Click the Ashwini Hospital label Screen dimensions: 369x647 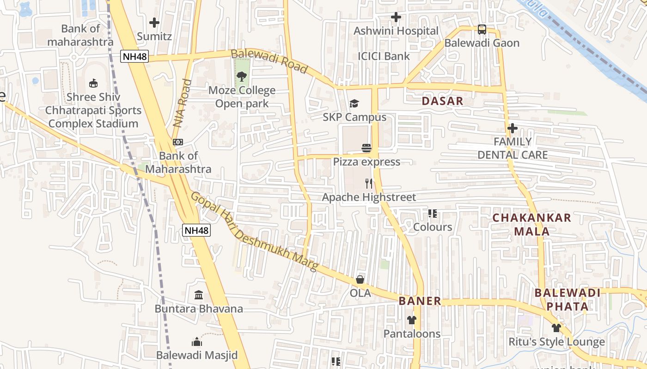coord(396,31)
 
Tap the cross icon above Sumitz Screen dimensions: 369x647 coord(154,22)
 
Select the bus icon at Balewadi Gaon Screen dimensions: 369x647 coord(482,30)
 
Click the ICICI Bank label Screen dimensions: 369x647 coord(384,56)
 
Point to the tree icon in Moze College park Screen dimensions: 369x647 coord(241,77)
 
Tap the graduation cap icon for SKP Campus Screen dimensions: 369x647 coord(354,103)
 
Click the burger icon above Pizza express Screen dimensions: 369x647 coord(366,148)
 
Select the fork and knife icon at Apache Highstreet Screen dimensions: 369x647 coord(368,184)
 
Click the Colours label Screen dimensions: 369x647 coord(433,227)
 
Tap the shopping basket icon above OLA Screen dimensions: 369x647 coord(360,280)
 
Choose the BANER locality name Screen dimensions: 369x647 coord(420,301)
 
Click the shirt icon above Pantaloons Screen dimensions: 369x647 coord(412,320)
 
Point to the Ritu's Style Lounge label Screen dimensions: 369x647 coord(556,342)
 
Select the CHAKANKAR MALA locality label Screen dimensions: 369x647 coord(532,225)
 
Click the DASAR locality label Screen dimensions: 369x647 coord(442,101)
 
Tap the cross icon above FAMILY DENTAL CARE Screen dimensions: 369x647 coord(512,128)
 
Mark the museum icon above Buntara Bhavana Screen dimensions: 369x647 coord(199,295)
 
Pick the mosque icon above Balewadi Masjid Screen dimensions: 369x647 coord(197,342)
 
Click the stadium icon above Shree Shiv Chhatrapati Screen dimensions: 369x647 coord(93,83)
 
